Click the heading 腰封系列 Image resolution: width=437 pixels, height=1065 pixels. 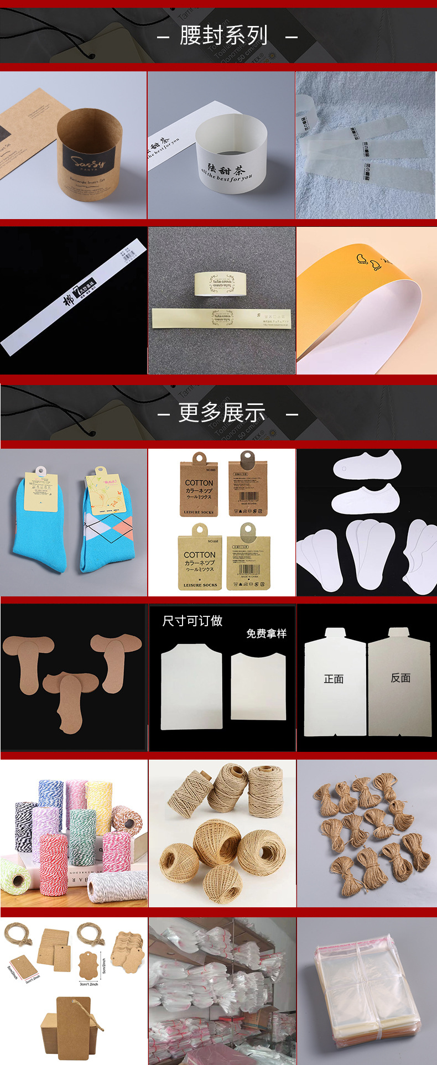(223, 36)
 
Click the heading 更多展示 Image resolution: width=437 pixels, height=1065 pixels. (222, 413)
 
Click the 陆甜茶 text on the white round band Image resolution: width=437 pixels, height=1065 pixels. (225, 169)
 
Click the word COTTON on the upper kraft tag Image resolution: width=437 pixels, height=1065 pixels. (199, 483)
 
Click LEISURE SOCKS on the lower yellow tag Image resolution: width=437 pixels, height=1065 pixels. (200, 585)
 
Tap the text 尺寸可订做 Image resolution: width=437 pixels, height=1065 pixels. (192, 621)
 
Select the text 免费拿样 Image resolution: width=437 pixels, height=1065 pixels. (266, 633)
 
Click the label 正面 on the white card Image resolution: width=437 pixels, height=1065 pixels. (334, 679)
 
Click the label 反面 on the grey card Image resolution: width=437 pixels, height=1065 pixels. (400, 678)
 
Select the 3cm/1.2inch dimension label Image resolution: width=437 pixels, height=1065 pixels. (89, 984)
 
